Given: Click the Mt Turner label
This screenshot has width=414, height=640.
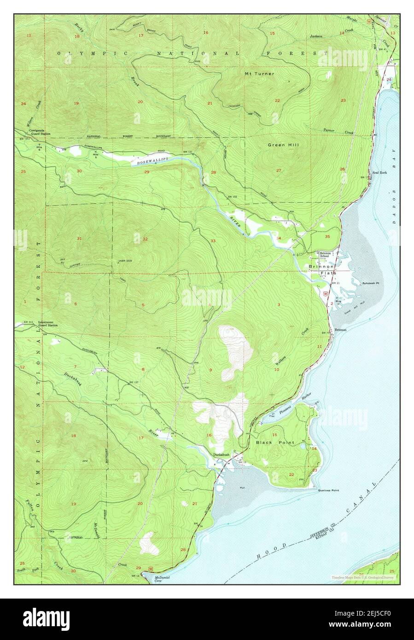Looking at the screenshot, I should coord(259,74).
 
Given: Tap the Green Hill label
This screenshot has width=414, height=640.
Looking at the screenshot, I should coord(283,145).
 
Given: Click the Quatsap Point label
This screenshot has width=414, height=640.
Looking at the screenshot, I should coord(328,491).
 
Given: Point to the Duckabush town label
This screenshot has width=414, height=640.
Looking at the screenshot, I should coord(221,454).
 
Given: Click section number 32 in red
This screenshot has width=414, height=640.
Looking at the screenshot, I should coord(145,239).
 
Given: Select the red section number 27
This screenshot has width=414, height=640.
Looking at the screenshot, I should coord(279,170).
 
